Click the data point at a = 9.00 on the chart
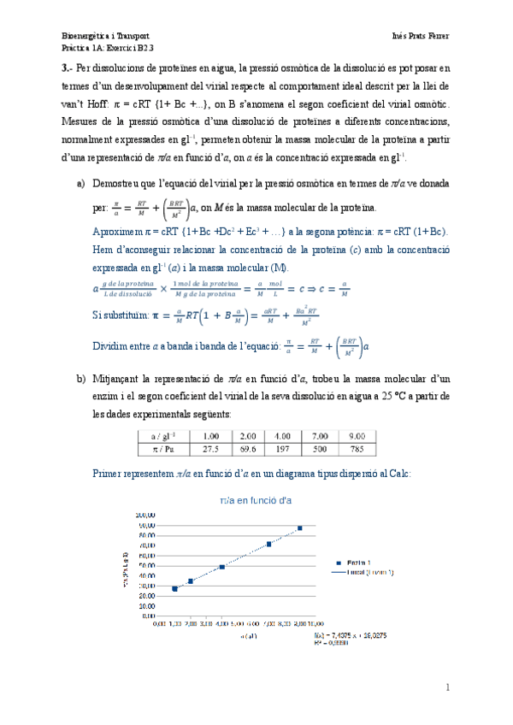pyautogui.click(x=299, y=528)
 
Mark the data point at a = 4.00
pyautogui.click(x=222, y=567)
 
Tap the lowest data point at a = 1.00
pyautogui.click(x=175, y=588)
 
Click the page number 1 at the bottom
pyautogui.click(x=447, y=687)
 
